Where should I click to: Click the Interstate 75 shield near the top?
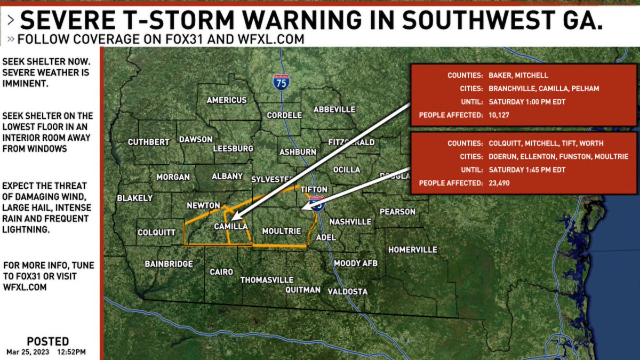click(x=281, y=82)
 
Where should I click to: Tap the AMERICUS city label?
click(x=227, y=100)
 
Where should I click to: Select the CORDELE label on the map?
click(x=284, y=115)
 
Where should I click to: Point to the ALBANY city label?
click(x=227, y=177)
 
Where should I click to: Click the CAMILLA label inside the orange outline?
click(x=230, y=226)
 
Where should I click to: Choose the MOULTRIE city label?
click(x=282, y=231)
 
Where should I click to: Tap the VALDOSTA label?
click(x=347, y=292)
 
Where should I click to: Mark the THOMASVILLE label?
click(x=267, y=280)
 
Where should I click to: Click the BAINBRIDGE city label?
click(x=169, y=264)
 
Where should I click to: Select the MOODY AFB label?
click(x=356, y=263)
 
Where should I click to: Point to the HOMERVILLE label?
click(x=412, y=250)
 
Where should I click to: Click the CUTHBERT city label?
click(x=149, y=142)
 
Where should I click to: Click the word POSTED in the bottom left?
click(x=48, y=341)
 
